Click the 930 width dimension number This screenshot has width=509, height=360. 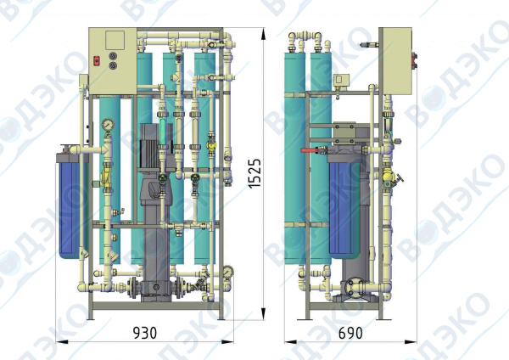(x=145, y=333)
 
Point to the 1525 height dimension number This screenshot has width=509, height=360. (x=255, y=173)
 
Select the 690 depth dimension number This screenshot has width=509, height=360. (x=350, y=333)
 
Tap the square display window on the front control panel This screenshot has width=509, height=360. (x=115, y=40)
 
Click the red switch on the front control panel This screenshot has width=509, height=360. (x=97, y=61)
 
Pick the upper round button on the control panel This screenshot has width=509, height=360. (x=113, y=55)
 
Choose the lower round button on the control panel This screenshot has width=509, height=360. (x=113, y=65)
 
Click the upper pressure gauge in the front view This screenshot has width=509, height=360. (x=108, y=124)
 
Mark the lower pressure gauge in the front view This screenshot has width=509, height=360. (x=228, y=271)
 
